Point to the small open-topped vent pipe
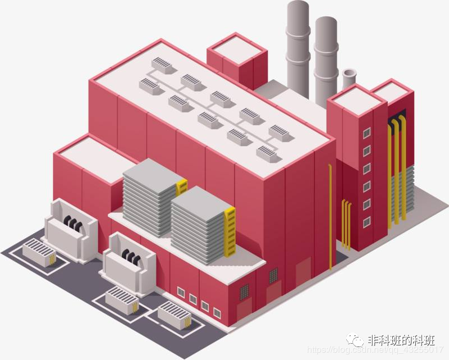[349, 79]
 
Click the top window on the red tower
[366, 133]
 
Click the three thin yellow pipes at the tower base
[346, 225]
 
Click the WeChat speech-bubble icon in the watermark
[354, 340]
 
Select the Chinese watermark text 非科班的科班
[401, 340]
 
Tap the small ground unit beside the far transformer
[38, 253]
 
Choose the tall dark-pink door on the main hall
[304, 272]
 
